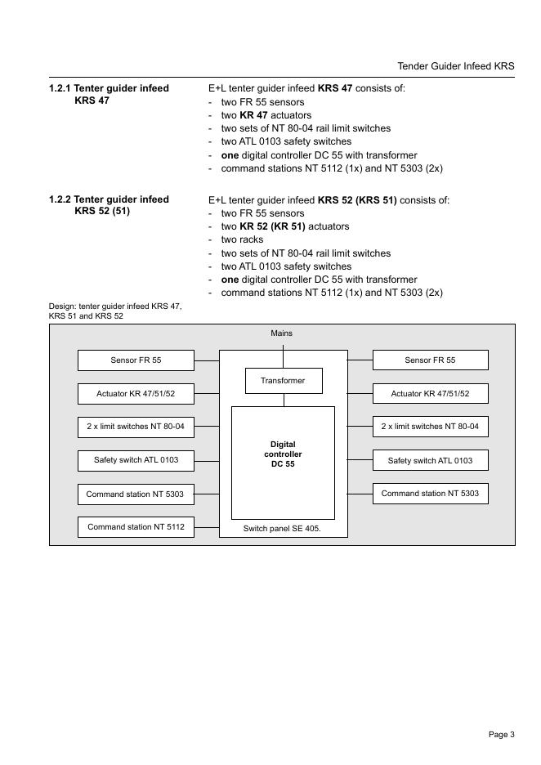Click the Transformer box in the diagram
pos(284,381)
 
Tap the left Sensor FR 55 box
pos(136,360)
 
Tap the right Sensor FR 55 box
pos(430,360)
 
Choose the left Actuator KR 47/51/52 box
pos(136,394)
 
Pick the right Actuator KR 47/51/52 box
pos(430,394)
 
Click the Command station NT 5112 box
pos(136,527)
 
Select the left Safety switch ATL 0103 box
pos(136,460)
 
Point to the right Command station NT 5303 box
pos(430,494)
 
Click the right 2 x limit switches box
pos(430,427)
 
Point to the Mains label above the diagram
pos(282,333)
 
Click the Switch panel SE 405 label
pos(282,529)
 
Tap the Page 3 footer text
pos(501,735)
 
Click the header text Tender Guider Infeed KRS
pos(455,66)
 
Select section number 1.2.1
pos(60,88)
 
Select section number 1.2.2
pos(60,199)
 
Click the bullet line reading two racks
pos(242,240)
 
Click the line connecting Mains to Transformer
pos(284,356)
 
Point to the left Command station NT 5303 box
pos(136,494)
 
